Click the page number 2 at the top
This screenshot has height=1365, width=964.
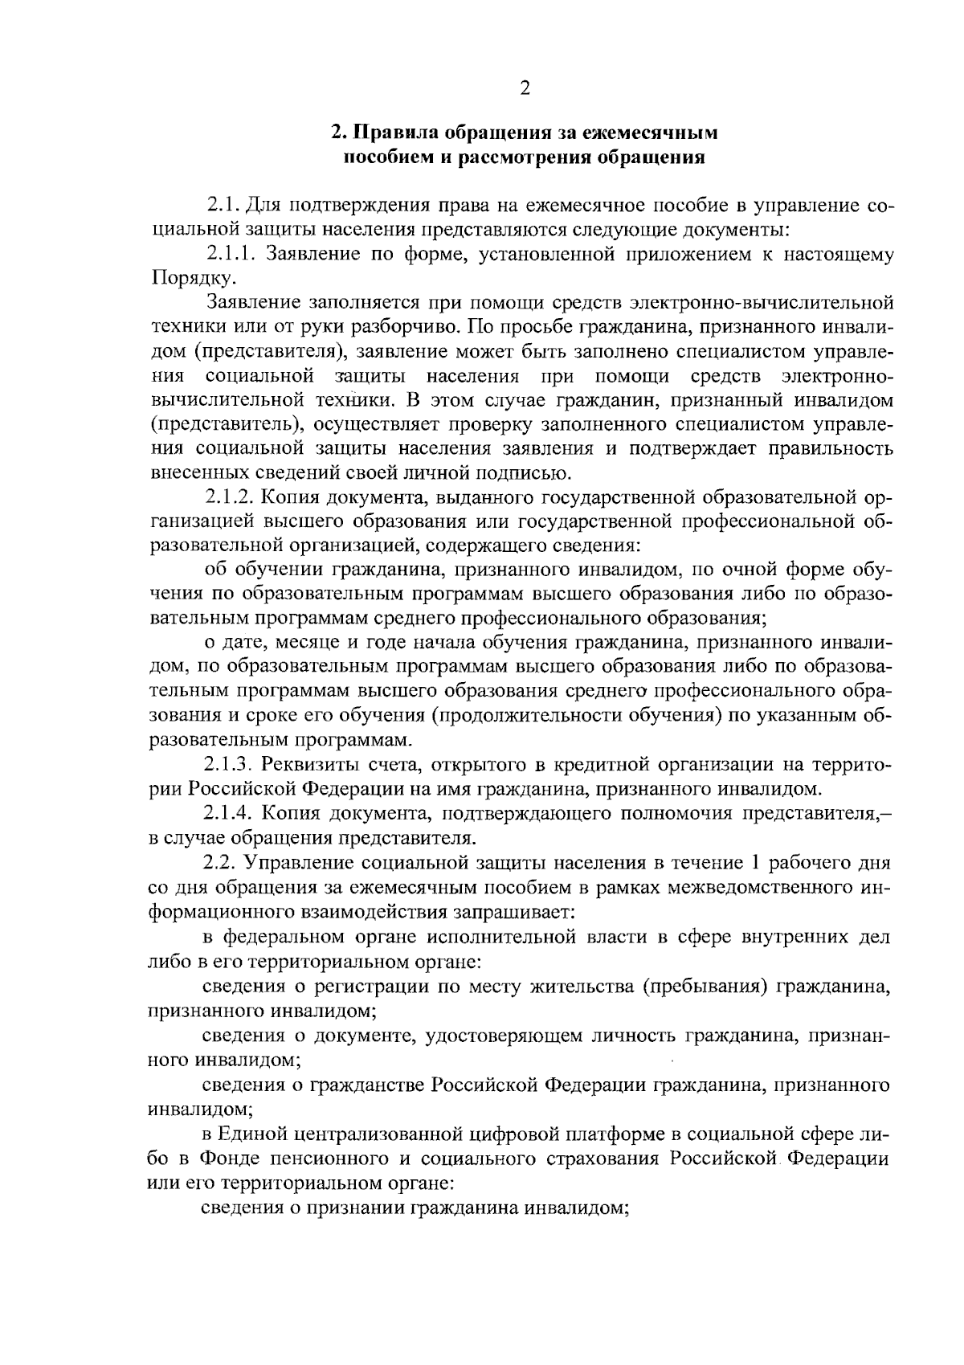tap(525, 88)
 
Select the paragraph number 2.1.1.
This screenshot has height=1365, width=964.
tap(231, 255)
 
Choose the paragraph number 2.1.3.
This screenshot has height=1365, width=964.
tap(231, 764)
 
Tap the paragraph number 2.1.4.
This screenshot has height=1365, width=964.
tap(231, 814)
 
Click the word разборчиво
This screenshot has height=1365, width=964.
tap(412, 328)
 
